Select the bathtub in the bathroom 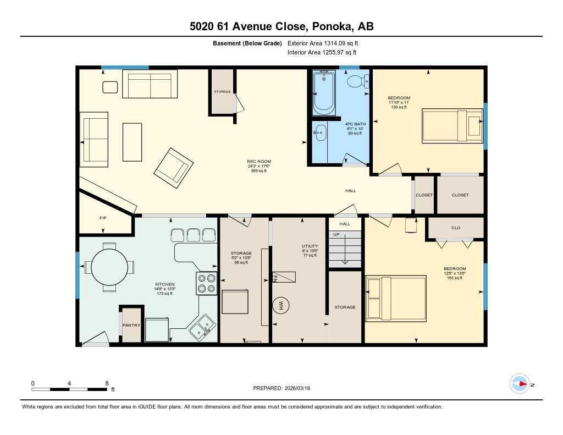click(x=324, y=92)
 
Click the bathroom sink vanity click(x=320, y=133)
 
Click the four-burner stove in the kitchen click(x=207, y=283)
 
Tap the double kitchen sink click(x=202, y=328)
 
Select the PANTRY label click(x=131, y=325)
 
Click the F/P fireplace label click(x=102, y=218)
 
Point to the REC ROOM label click(x=259, y=162)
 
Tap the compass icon click(x=520, y=384)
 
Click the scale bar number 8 click(x=106, y=383)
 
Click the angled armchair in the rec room click(x=173, y=165)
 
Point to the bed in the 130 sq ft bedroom click(x=451, y=126)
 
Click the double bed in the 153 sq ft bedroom click(x=396, y=298)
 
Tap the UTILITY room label click(x=310, y=246)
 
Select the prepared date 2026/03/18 click(x=301, y=388)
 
